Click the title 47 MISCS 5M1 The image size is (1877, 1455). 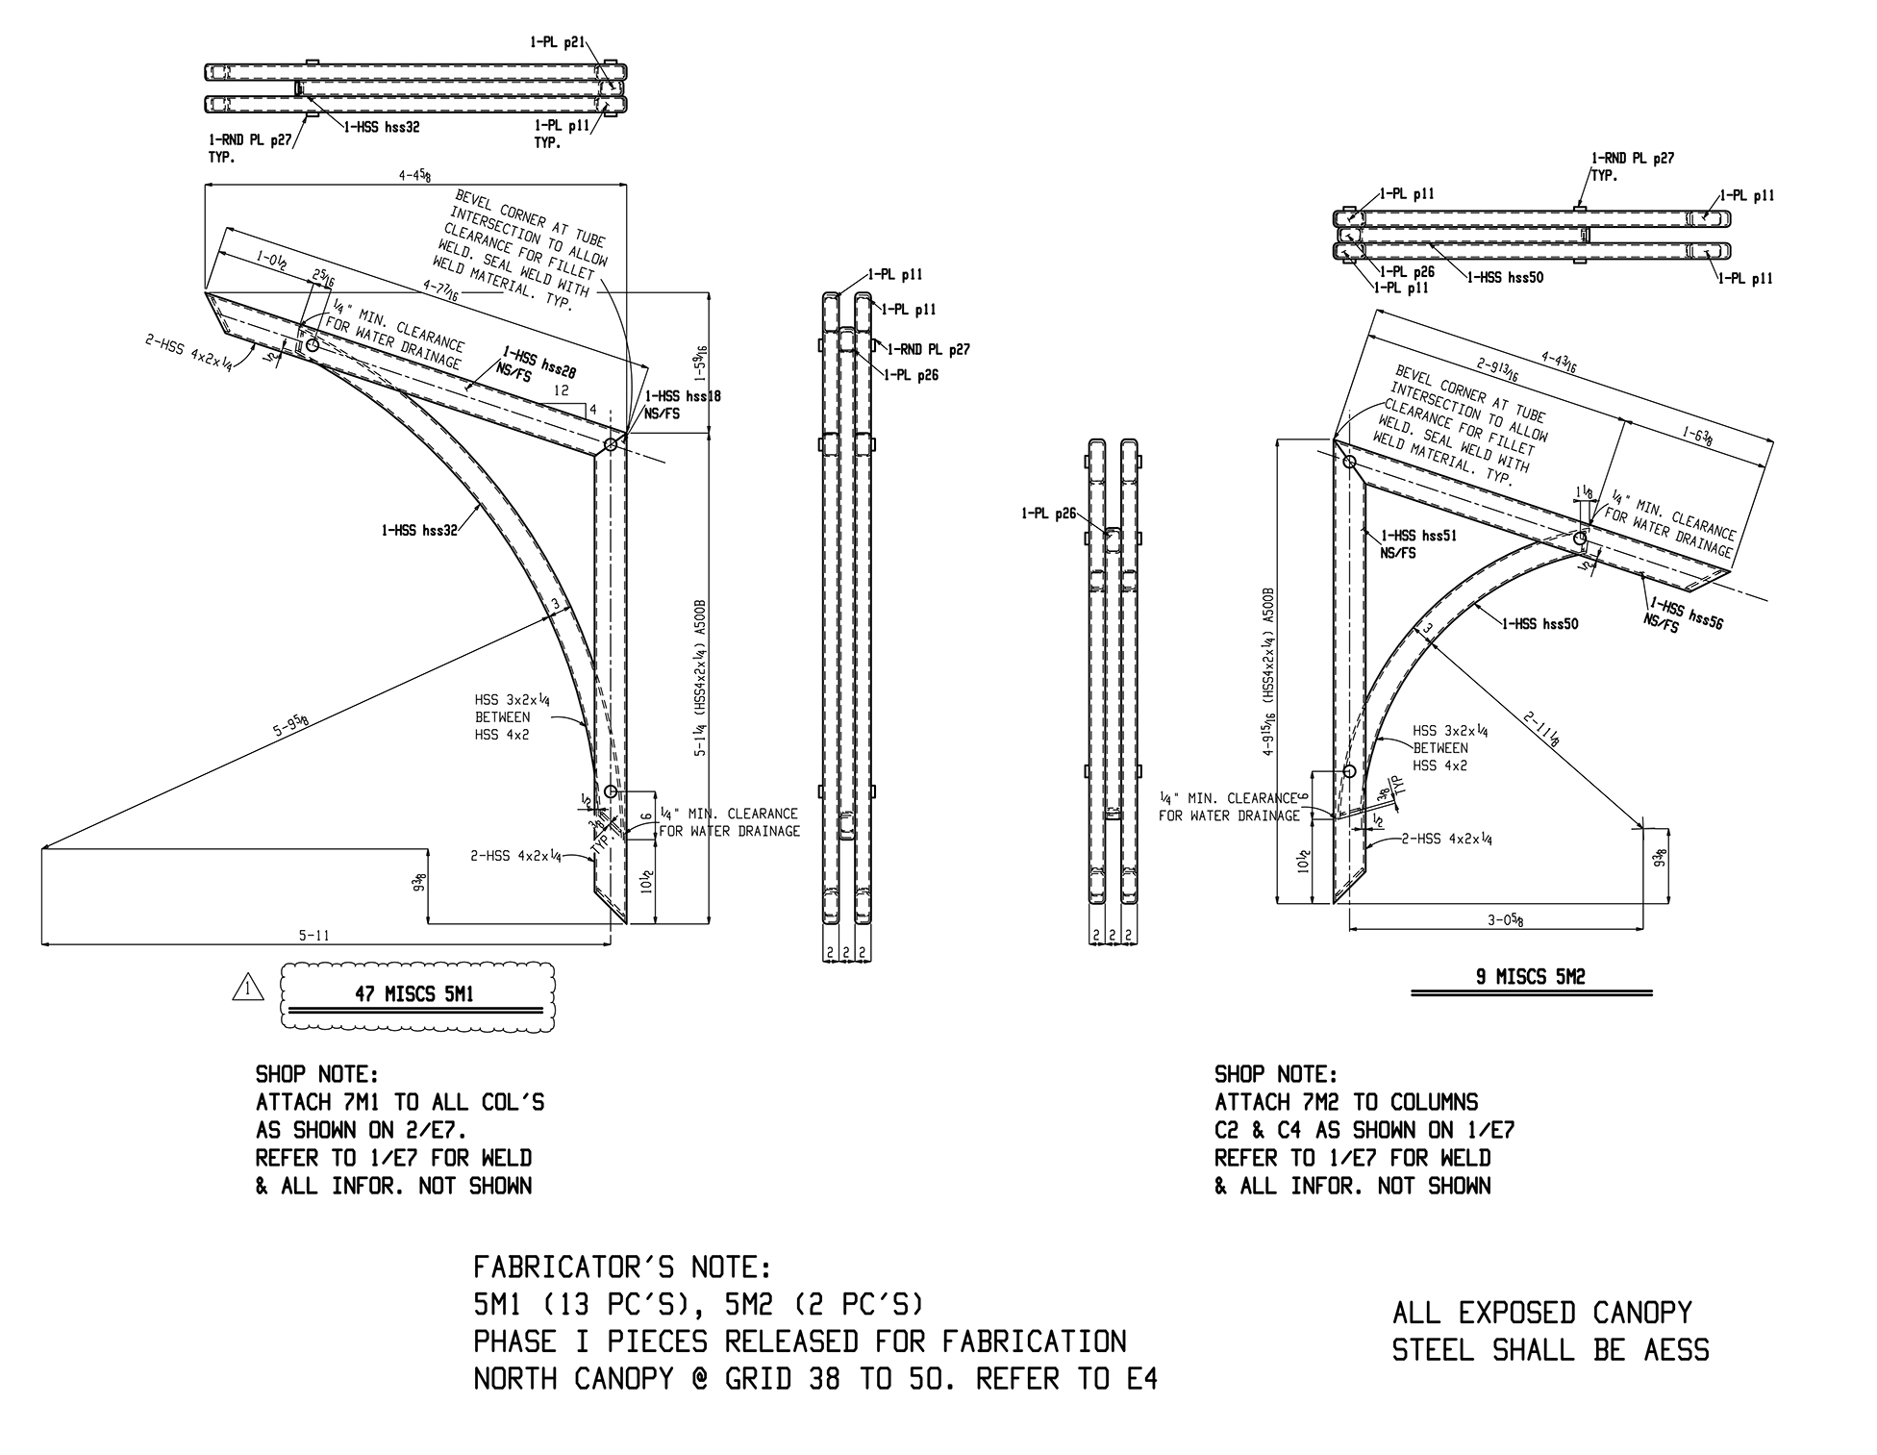414,994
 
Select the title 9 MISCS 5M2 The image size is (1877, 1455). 1531,977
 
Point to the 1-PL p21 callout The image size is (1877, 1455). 557,42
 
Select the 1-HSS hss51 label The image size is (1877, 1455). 1418,536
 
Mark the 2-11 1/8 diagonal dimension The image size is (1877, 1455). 1541,728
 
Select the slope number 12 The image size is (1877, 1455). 563,390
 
